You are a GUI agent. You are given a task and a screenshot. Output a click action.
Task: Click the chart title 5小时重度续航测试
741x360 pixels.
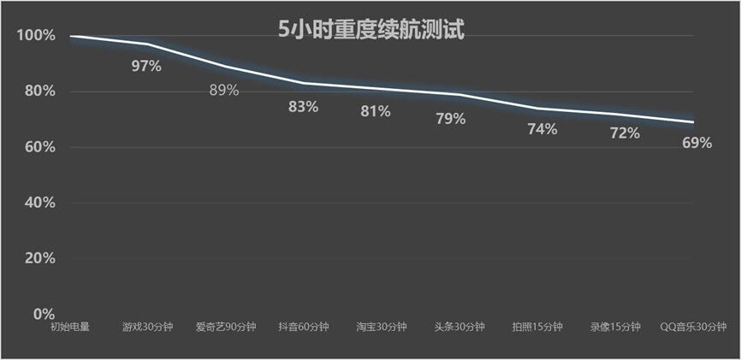coord(370,30)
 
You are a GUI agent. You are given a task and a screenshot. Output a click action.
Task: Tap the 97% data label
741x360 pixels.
coord(146,66)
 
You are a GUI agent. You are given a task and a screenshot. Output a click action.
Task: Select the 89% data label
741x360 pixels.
coord(224,90)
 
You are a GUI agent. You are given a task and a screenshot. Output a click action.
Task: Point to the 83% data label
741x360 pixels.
coord(303,107)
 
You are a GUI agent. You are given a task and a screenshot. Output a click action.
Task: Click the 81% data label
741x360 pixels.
coord(375,111)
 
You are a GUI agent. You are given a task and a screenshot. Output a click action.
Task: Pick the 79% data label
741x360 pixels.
coord(451,119)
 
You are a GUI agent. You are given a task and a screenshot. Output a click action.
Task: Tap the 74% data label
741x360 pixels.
coord(542,129)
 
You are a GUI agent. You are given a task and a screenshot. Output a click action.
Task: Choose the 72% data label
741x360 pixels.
coord(624,133)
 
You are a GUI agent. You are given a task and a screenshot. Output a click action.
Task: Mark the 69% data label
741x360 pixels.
coord(697,143)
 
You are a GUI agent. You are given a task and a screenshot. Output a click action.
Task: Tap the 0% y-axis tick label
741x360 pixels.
coord(44,314)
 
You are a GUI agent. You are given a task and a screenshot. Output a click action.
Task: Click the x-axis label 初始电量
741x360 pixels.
coord(69,327)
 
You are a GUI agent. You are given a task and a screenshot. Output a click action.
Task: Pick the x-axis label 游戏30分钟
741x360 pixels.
coord(147,327)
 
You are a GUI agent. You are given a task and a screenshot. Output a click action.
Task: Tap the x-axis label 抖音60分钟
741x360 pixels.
coord(303,327)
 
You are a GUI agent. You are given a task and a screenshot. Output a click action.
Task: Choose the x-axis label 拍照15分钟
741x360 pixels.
coord(537,327)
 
